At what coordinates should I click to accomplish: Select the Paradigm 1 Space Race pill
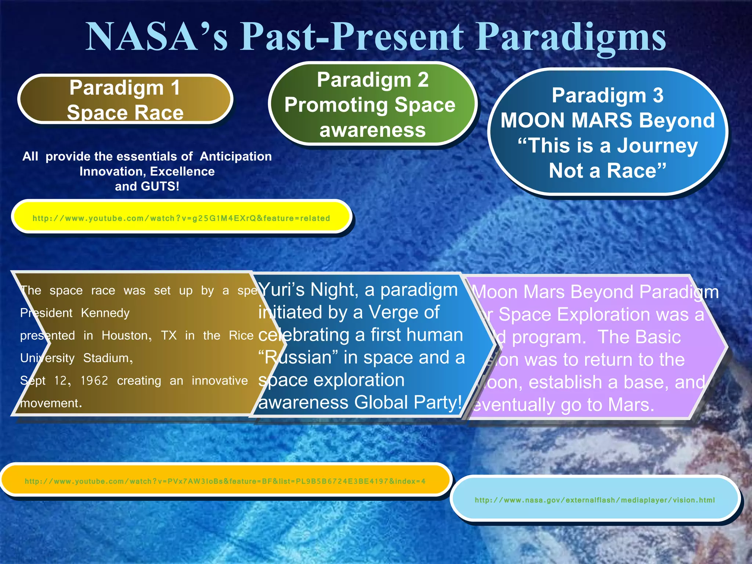click(125, 99)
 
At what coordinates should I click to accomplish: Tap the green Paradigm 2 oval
click(373, 104)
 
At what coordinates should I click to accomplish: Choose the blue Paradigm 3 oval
click(608, 132)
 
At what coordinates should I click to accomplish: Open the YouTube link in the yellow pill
click(181, 218)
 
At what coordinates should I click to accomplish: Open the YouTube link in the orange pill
click(225, 481)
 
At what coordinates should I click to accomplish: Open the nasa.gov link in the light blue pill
click(595, 500)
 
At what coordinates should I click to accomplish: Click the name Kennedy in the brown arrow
click(105, 313)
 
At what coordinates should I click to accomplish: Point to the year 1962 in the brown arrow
click(94, 381)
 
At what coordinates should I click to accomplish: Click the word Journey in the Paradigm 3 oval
click(657, 146)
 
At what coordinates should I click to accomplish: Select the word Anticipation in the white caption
click(236, 156)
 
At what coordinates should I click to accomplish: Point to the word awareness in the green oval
click(373, 130)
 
